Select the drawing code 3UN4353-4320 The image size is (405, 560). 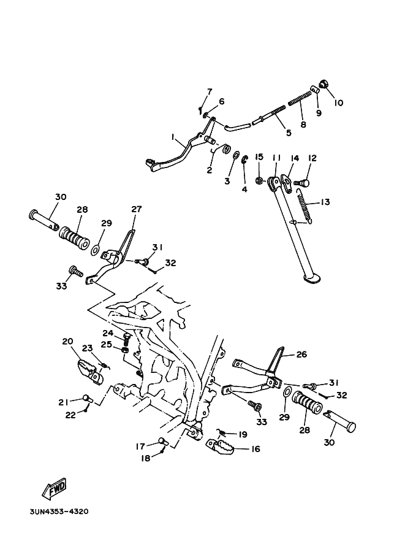59,512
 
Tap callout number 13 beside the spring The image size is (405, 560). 325,202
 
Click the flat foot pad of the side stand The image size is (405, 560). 312,278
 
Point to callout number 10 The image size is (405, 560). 339,103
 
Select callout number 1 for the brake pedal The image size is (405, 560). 172,136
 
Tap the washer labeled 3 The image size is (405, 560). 235,155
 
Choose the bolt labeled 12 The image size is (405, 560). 302,183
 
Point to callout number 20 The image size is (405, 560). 67,342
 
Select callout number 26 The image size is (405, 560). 301,355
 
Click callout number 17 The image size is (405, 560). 140,446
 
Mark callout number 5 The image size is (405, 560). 289,133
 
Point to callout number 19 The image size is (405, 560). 243,434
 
